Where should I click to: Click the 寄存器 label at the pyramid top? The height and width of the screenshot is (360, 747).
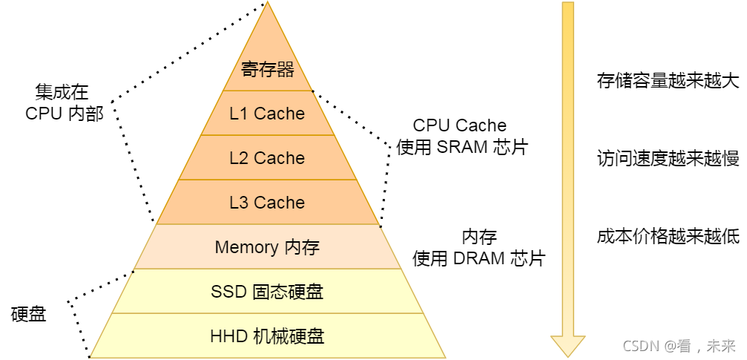[268, 70]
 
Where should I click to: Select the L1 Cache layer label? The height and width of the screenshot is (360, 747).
[267, 114]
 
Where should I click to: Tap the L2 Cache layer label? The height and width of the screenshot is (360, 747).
[267, 158]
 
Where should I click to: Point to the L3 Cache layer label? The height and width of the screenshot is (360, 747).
[267, 203]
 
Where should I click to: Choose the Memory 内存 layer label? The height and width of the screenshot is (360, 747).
[267, 247]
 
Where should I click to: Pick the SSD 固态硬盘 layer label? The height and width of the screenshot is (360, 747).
[267, 292]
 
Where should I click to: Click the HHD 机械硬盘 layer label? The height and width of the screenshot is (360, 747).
[267, 336]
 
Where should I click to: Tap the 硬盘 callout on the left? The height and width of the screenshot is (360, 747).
[29, 315]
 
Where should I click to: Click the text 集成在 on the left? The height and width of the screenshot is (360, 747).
[62, 92]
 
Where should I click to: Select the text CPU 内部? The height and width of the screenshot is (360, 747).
[65, 114]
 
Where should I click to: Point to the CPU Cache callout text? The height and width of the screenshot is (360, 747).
[460, 125]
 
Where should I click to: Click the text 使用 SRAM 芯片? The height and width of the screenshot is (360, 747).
[461, 147]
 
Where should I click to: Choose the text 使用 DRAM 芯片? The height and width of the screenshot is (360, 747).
[478, 258]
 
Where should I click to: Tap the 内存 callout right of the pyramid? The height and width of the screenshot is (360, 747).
[479, 237]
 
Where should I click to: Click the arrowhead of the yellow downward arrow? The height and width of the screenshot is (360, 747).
[567, 345]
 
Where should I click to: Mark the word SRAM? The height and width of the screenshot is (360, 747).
[461, 147]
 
